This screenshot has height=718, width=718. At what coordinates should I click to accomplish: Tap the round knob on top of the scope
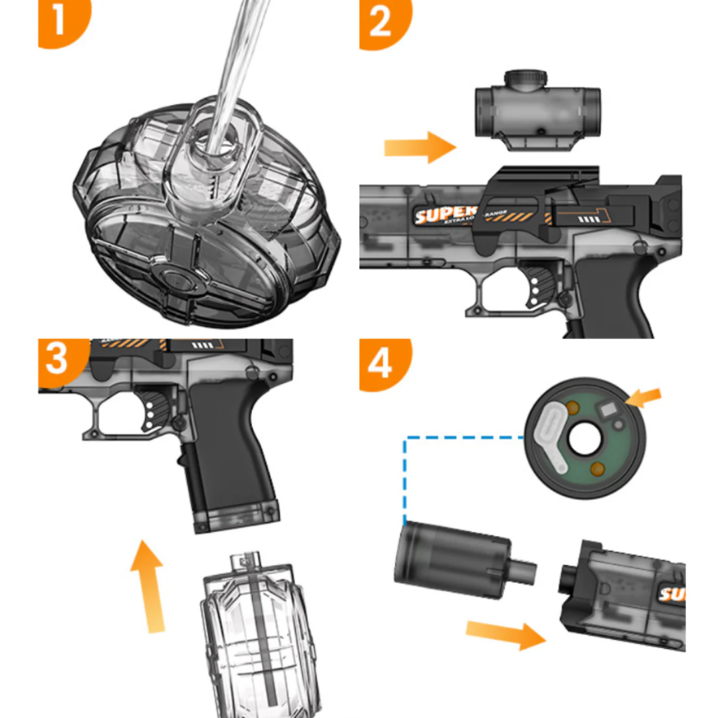pyautogui.click(x=525, y=78)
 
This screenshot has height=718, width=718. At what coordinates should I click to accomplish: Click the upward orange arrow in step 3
pyautogui.click(x=147, y=585)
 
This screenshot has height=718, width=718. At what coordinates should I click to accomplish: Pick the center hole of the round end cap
pyautogui.click(x=584, y=439)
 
